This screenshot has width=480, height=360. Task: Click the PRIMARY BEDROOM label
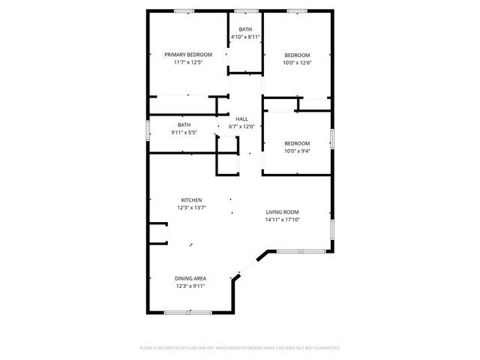click(188, 55)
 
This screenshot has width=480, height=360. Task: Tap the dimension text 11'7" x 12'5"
click(188, 62)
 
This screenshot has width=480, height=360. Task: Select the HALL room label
click(241, 119)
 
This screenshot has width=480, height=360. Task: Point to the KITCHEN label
click(191, 200)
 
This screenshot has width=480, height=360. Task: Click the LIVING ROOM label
click(282, 212)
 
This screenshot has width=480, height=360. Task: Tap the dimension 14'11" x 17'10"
click(282, 220)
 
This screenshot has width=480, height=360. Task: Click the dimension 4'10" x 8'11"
click(245, 37)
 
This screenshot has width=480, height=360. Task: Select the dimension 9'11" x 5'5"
click(184, 132)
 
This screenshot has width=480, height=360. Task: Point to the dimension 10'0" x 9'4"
click(296, 151)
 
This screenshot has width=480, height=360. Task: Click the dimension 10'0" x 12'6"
click(296, 62)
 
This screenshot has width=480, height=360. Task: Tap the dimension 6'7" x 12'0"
click(241, 126)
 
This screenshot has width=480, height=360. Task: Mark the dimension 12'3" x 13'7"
click(191, 208)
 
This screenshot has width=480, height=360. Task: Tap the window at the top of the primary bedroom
click(184, 10)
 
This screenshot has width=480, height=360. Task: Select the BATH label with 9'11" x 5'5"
click(184, 124)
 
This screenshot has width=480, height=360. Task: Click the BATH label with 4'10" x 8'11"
click(245, 29)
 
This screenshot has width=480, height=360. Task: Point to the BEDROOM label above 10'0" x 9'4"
click(296, 143)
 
